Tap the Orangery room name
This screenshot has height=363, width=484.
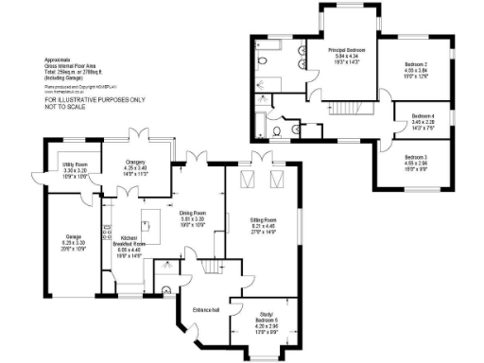[133, 162]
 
